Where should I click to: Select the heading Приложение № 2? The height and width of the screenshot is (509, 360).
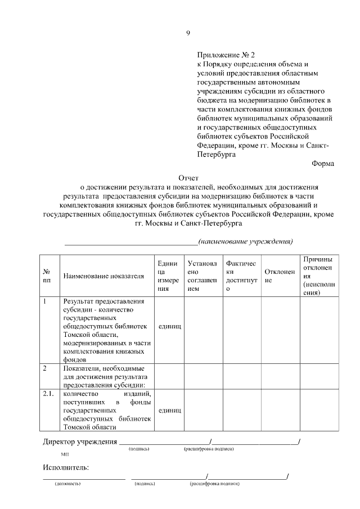click(x=226, y=55)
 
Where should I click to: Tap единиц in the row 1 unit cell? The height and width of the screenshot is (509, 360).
click(x=169, y=326)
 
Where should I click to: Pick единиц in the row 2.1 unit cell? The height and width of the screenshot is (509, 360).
click(x=169, y=411)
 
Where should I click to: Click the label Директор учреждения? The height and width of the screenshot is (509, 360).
click(x=80, y=441)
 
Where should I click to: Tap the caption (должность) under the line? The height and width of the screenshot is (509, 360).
click(x=67, y=484)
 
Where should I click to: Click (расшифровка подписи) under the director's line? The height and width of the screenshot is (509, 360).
click(x=208, y=449)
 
